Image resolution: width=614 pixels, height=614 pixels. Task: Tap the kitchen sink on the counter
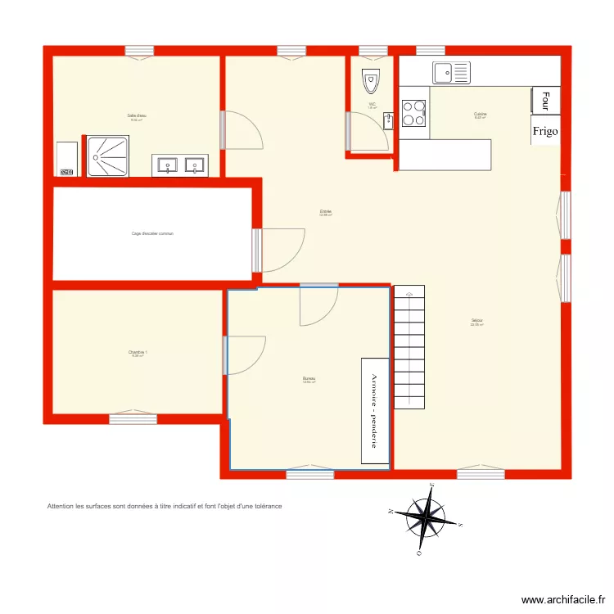pos(452,73)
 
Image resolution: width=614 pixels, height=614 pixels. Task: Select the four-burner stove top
pos(413,113)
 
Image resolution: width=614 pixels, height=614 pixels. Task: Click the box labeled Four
pos(545,100)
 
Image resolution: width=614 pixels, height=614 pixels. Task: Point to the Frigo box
pos(545,130)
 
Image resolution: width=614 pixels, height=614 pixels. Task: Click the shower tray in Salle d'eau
pos(107,156)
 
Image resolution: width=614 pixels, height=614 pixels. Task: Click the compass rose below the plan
pos(427,517)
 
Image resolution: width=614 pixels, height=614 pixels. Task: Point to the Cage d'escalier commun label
pos(152,233)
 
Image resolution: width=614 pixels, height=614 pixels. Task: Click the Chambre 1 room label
pos(138,352)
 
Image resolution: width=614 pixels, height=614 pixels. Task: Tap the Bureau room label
pos(309,378)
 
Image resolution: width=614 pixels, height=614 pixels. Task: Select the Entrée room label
pos(326,211)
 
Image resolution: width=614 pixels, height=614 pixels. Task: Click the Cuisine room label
pos(481,114)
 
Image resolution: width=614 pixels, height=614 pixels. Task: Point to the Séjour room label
pos(476,320)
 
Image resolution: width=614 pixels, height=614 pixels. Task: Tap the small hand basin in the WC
pos(388,121)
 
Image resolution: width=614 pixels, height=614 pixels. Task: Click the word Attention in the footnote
pos(62,506)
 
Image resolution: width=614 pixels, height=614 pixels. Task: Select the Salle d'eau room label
pos(136,115)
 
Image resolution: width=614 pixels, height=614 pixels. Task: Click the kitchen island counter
pos(445,155)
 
